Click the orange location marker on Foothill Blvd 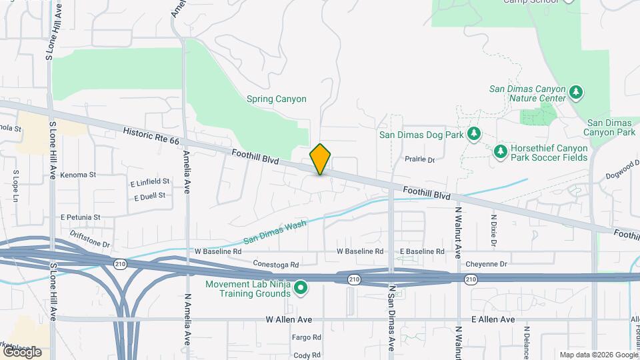[x=321, y=159]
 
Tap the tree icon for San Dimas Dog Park [x=474, y=133]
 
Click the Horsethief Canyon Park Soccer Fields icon [x=501, y=152]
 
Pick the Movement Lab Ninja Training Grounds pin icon [x=301, y=288]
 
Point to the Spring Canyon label [x=277, y=99]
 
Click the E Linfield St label [x=150, y=182]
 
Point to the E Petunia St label [x=80, y=217]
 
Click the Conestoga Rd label [x=276, y=264]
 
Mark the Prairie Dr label [x=420, y=160]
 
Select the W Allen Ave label [x=289, y=320]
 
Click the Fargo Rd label [x=307, y=338]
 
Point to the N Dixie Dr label [x=494, y=231]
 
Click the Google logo [x=21, y=351]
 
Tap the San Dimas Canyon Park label [x=611, y=127]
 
